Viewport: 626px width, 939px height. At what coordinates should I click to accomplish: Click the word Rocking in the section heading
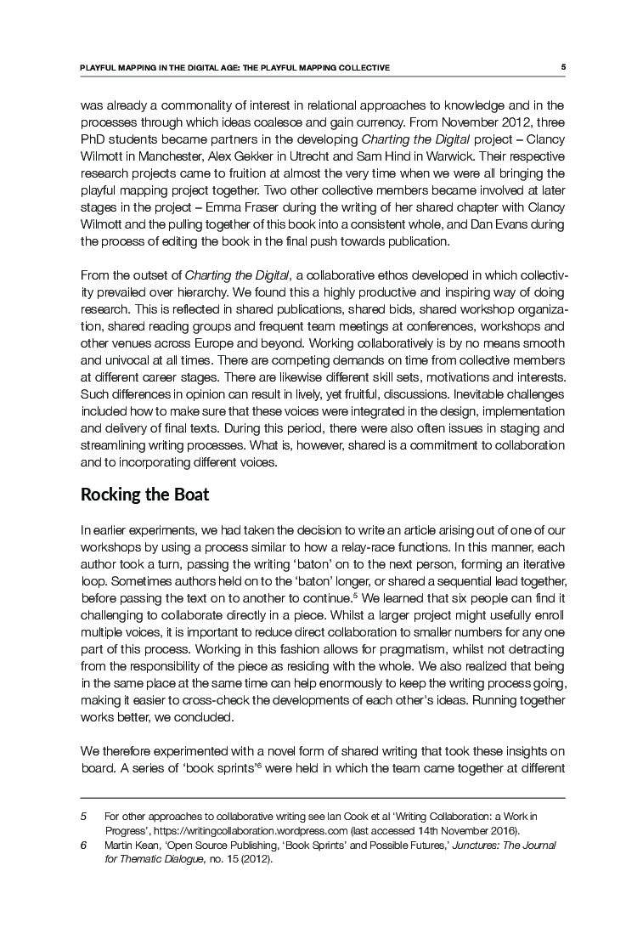tap(106, 495)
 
